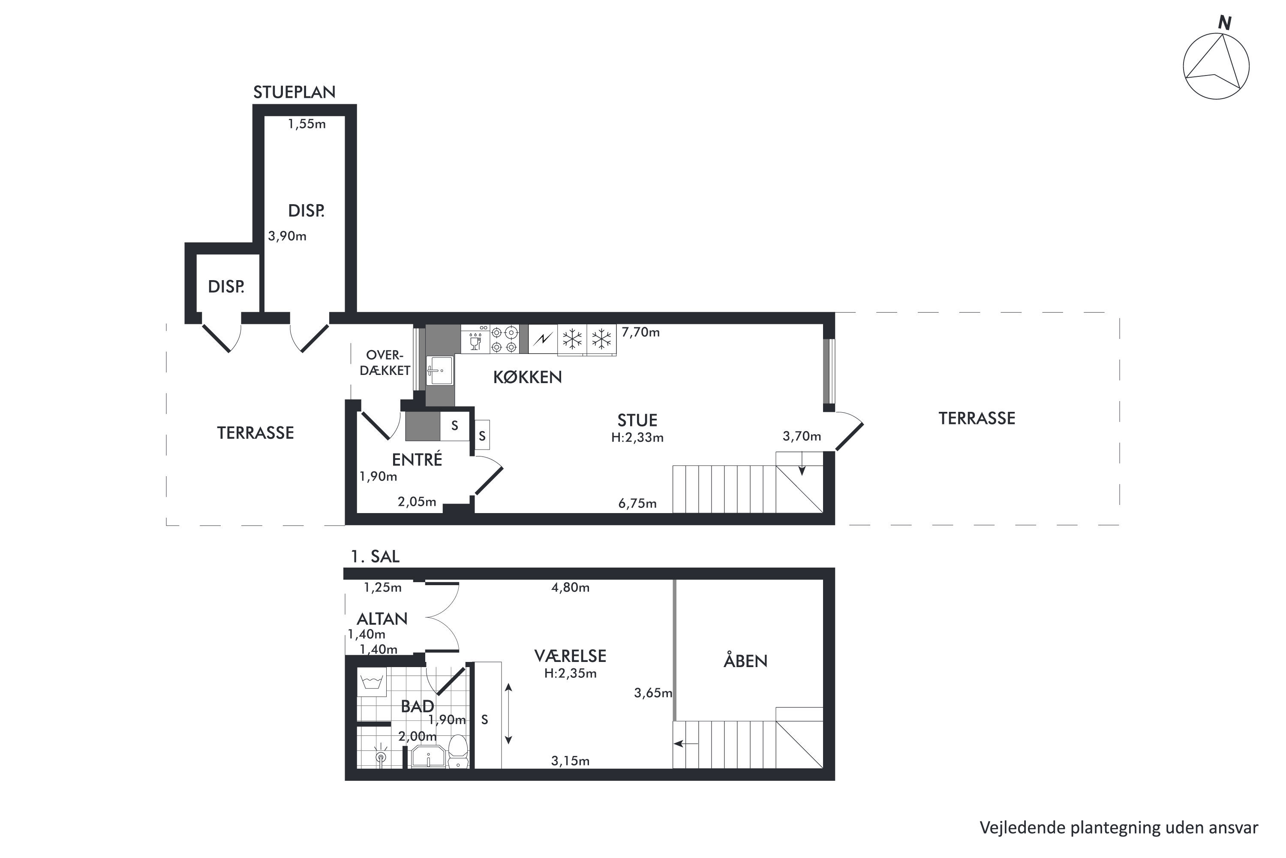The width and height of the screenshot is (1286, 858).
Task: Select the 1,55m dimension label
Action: (x=307, y=124)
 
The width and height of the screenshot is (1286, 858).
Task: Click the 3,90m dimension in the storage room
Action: (x=287, y=236)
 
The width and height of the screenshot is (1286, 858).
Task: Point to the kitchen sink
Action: (x=440, y=371)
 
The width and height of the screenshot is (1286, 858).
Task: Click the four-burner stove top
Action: (x=504, y=339)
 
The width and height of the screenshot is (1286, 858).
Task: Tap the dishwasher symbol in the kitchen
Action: (x=475, y=339)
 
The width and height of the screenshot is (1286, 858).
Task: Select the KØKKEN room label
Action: (x=528, y=378)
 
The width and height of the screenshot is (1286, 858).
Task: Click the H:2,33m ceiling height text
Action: (x=637, y=438)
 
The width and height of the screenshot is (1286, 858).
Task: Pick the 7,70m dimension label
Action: (x=641, y=332)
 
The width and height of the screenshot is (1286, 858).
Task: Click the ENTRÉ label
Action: (x=417, y=459)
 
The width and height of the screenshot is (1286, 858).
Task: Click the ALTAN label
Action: (x=382, y=619)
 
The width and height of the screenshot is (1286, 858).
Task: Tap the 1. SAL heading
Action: (x=375, y=556)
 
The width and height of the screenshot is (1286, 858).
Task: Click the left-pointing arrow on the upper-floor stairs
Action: (x=686, y=743)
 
